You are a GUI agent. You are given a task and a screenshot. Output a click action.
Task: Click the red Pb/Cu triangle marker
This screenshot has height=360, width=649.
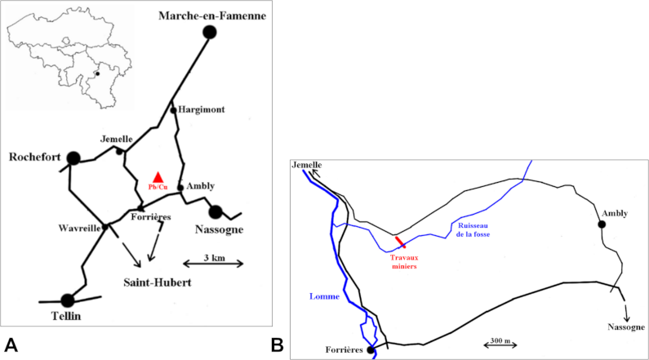click(158, 177)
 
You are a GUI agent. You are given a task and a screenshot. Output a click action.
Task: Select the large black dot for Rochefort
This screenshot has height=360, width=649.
click(74, 158)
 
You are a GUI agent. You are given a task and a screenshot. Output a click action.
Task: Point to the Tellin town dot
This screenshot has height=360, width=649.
click(68, 300)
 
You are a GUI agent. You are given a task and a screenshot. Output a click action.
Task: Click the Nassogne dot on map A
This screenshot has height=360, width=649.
click(216, 212)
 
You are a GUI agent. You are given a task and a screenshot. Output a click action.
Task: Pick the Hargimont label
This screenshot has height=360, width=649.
click(201, 109)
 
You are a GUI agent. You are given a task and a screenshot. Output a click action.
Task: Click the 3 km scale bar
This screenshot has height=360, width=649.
click(212, 262)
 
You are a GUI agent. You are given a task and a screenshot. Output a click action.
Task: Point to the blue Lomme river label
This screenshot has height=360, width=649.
click(324, 297)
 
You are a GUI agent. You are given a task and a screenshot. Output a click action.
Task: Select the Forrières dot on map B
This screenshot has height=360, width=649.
click(371, 350)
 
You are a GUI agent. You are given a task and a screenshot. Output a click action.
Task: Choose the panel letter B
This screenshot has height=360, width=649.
click(278, 344)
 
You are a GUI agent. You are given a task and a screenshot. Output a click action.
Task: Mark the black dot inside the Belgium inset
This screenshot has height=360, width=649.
click(96, 73)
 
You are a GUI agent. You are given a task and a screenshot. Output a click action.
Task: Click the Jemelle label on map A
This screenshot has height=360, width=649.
click(117, 139)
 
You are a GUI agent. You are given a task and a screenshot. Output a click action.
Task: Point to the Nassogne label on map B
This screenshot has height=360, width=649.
click(626, 327)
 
